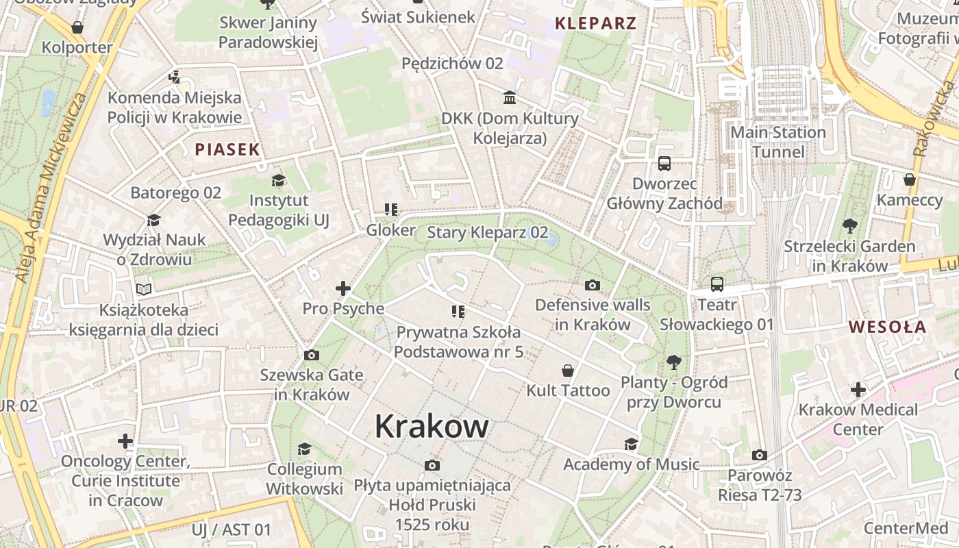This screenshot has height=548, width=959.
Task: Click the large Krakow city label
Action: pyautogui.click(x=432, y=426)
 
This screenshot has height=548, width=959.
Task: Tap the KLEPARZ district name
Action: pyautogui.click(x=595, y=23)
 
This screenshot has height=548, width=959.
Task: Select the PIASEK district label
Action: pyautogui.click(x=227, y=149)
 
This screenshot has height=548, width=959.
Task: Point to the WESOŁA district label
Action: pyautogui.click(x=888, y=327)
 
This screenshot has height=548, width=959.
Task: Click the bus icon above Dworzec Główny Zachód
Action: pyautogui.click(x=664, y=163)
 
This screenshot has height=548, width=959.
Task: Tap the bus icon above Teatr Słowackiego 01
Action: pyautogui.click(x=717, y=284)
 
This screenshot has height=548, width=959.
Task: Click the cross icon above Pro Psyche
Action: pyautogui.click(x=343, y=288)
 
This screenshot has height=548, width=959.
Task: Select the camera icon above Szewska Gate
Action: pyautogui.click(x=311, y=355)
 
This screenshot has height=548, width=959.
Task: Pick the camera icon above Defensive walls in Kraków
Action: pyautogui.click(x=593, y=284)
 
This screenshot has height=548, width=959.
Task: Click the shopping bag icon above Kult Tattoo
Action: pyautogui.click(x=568, y=371)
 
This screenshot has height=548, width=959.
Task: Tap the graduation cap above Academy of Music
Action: pyautogui.click(x=631, y=444)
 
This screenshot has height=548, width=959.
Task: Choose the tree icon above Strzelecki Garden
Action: pyautogui.click(x=849, y=225)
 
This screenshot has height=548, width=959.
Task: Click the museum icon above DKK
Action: pyautogui.click(x=510, y=97)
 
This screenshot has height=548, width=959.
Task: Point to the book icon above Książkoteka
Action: pyautogui.click(x=143, y=289)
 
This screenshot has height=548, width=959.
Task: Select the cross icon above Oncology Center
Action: pyautogui.click(x=125, y=440)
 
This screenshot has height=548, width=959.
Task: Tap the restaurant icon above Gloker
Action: pyautogui.click(x=390, y=210)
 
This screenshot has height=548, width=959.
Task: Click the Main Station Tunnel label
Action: pyautogui.click(x=778, y=142)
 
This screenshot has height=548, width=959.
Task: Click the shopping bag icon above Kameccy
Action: pyautogui.click(x=910, y=179)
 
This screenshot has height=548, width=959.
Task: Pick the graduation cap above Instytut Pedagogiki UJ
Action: pyautogui.click(x=278, y=180)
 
